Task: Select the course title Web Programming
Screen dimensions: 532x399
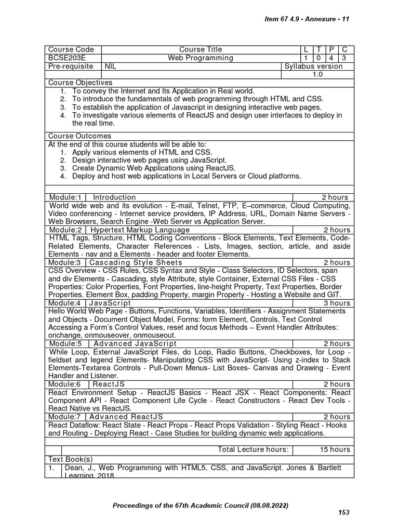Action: coord(200,58)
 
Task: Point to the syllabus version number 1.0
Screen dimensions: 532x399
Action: coord(317,75)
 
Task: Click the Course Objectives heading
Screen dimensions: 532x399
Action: coord(80,83)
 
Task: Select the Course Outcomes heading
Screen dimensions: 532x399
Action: coord(79,136)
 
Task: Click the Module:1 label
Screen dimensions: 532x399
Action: coord(66,197)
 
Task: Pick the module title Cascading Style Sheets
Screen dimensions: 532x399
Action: coord(136,262)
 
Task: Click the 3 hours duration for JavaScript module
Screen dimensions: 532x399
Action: coord(337,303)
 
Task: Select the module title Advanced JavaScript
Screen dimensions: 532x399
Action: coord(135,343)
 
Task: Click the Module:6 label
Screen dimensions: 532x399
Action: coord(66,384)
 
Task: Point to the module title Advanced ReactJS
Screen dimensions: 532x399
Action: coord(126,417)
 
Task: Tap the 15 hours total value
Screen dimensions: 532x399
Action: coord(335,449)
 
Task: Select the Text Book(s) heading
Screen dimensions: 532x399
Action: coord(70,459)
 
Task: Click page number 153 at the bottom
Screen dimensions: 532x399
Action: coord(343,512)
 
